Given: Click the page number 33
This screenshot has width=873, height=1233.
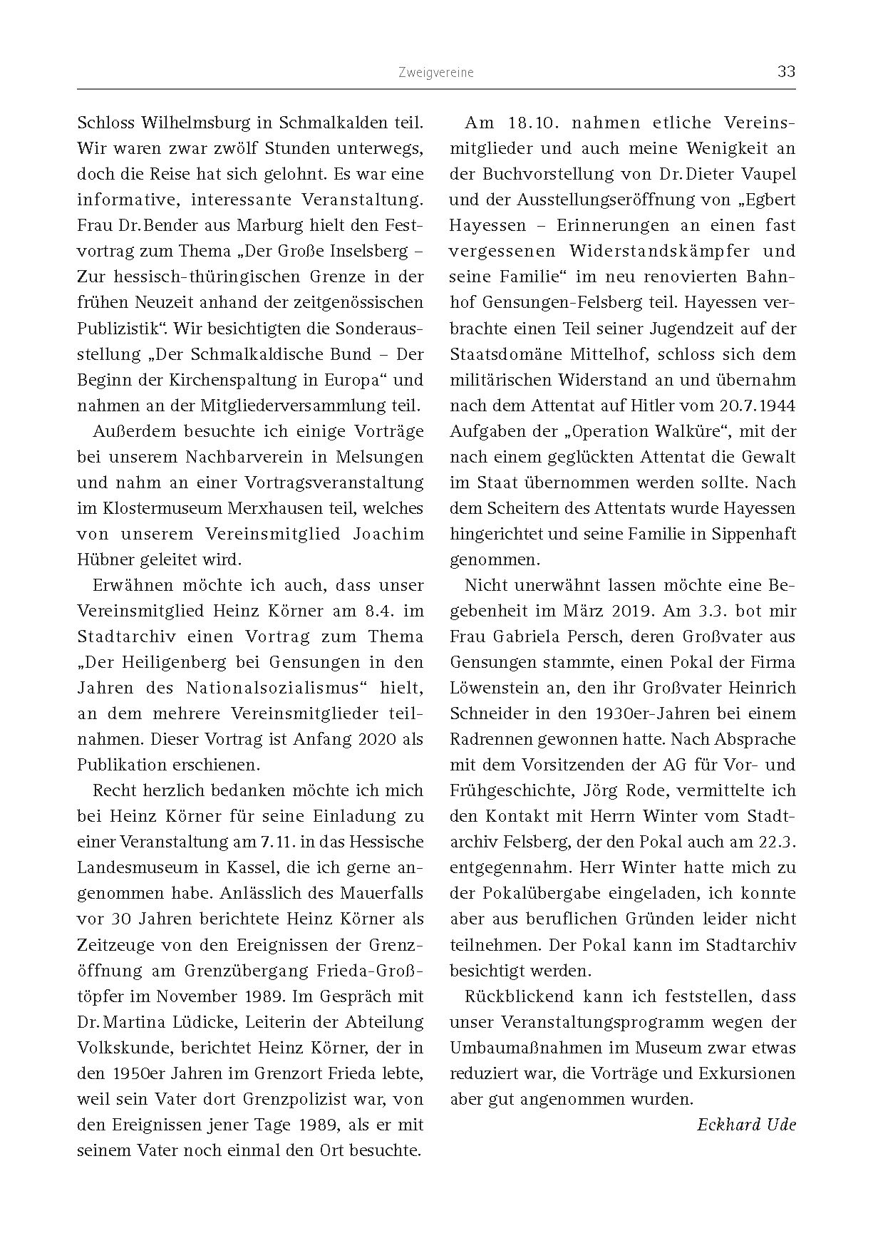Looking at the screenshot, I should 786,72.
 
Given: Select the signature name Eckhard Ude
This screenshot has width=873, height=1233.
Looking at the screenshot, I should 746,1125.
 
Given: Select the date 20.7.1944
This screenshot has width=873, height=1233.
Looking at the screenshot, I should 753,406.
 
